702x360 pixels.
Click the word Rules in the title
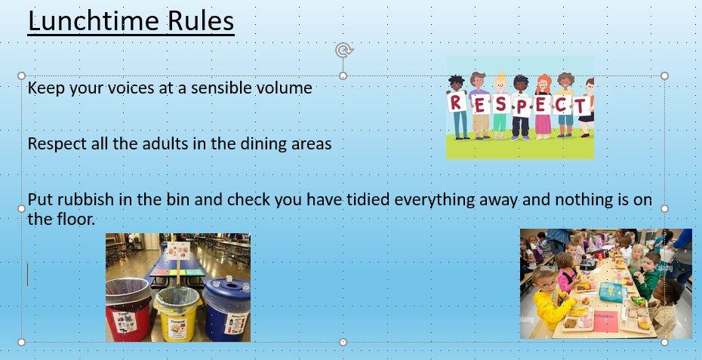(201, 20)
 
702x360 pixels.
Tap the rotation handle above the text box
(343, 50)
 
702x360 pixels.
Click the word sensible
(220, 88)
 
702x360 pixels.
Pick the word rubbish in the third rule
(86, 199)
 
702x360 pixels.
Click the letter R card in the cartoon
(456, 103)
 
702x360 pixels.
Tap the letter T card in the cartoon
(581, 106)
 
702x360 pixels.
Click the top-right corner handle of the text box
(664, 75)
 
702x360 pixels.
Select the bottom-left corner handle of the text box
(21, 342)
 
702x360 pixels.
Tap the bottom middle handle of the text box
(343, 342)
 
